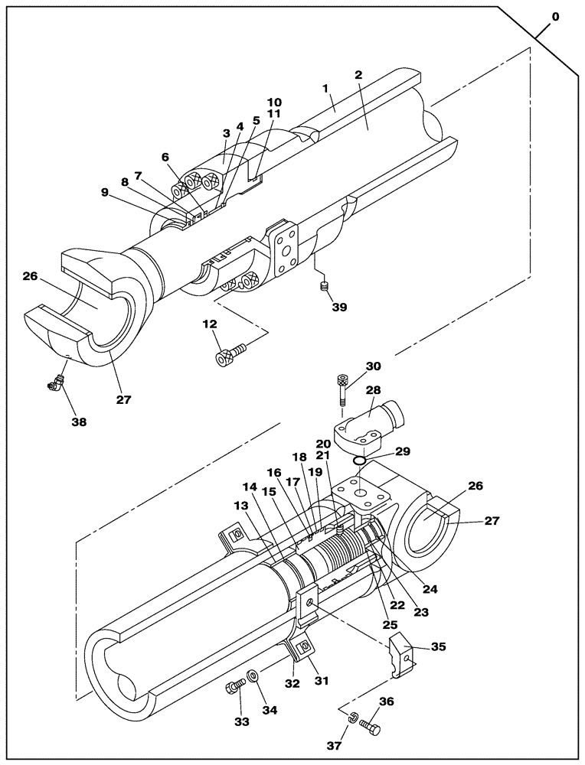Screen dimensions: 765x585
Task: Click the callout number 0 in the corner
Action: (555, 16)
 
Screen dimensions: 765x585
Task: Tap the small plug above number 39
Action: (323, 287)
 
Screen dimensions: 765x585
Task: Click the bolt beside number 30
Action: (342, 389)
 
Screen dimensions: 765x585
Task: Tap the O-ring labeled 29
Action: (358, 461)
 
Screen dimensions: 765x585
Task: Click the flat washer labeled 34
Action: (253, 677)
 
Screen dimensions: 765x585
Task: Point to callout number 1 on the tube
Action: (325, 89)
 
